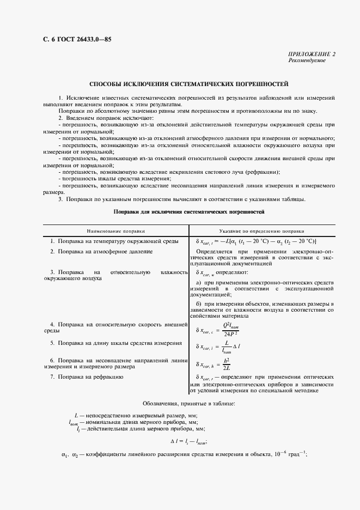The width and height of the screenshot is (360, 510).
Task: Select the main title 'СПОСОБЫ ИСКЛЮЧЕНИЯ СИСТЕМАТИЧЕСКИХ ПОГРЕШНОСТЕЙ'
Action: [188, 84]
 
